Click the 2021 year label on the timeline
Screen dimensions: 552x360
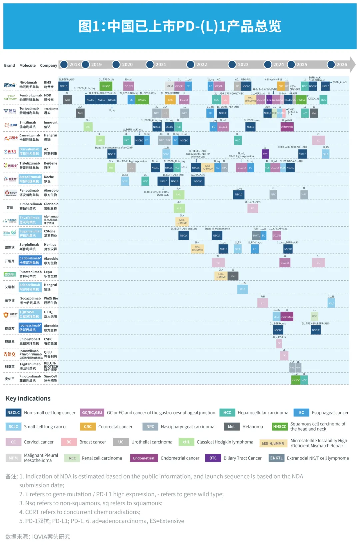point(161,65)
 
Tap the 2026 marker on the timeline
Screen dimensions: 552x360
point(341,65)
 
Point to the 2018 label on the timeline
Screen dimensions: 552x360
point(74,65)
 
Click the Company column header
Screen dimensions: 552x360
point(49,65)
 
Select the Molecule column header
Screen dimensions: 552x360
point(27,65)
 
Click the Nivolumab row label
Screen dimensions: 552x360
point(28,82)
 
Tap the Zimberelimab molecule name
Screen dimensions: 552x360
point(31,204)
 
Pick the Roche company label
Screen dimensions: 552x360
point(49,177)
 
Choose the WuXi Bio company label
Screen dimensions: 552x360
point(51,298)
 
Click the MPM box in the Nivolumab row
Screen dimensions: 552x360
point(170,86)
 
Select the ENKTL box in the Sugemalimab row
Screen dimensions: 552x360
point(256,235)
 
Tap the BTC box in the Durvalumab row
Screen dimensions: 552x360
point(265,154)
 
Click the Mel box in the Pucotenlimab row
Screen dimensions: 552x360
point(233,276)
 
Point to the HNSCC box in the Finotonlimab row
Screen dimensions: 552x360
point(296,380)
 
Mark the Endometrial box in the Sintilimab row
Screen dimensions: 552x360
point(287,127)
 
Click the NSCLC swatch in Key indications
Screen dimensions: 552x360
point(14,413)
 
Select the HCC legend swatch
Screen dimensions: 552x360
point(227,413)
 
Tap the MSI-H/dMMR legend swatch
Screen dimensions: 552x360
point(273,443)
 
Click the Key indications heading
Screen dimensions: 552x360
point(28,398)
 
